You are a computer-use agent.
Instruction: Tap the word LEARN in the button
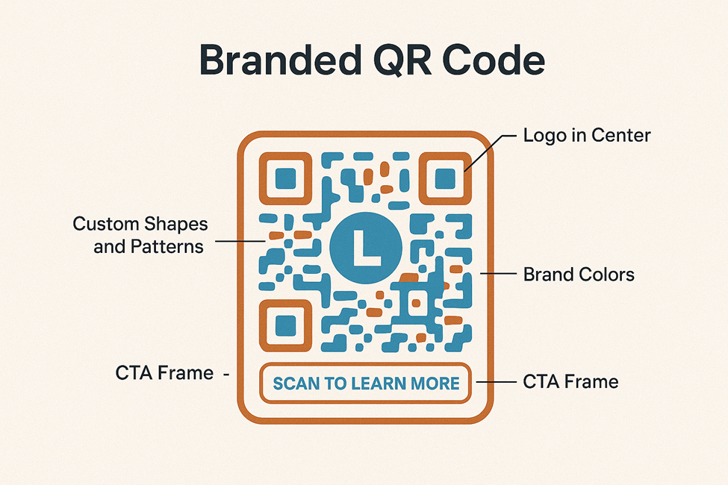pyautogui.click(x=379, y=384)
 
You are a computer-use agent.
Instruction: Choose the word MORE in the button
pyautogui.click(x=435, y=384)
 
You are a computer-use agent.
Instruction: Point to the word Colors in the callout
pyautogui.click(x=605, y=275)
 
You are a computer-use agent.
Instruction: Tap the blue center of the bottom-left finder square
pyautogui.click(x=285, y=325)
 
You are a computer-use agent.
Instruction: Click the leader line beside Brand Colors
pyautogui.click(x=499, y=275)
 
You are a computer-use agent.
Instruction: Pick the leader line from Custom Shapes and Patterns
pyautogui.click(x=239, y=241)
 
